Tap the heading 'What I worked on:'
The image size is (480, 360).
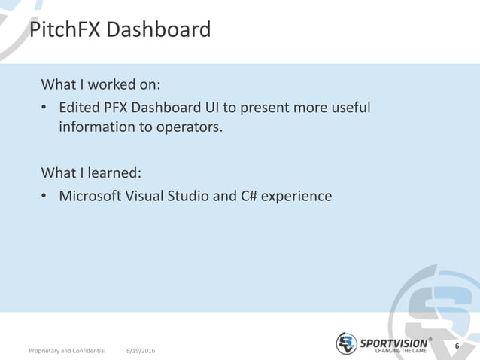point(102,82)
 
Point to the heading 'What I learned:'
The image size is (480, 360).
point(91,172)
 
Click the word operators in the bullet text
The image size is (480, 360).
point(188,127)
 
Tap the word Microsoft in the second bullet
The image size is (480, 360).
point(91,197)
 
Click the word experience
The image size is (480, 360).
point(297,197)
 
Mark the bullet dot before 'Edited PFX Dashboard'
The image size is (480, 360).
point(46,108)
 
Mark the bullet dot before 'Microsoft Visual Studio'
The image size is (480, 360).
point(46,197)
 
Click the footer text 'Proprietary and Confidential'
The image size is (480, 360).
point(67,351)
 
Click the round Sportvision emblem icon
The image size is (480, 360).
point(346,343)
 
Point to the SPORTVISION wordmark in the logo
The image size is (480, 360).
point(393,342)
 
